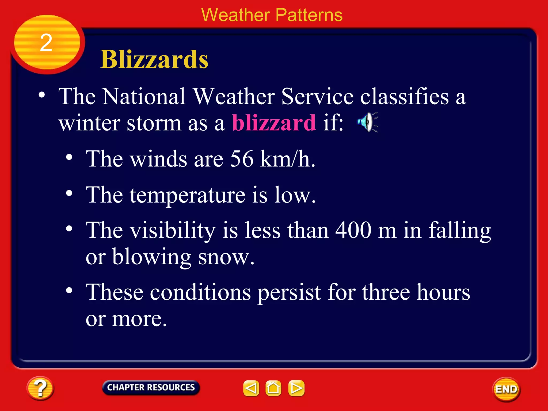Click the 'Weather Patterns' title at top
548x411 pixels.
[272, 15]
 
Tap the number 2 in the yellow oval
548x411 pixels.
[46, 43]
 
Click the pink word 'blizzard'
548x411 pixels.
[274, 123]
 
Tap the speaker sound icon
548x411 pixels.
[367, 122]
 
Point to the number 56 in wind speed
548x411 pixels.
[241, 159]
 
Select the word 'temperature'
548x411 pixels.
[187, 195]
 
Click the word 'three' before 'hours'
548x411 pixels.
[386, 292]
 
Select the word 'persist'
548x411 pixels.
[289, 293]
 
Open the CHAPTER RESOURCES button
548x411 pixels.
[151, 387]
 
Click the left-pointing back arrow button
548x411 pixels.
[251, 388]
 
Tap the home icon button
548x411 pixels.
[273, 388]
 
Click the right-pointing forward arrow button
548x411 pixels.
[296, 388]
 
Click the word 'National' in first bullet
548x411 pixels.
[144, 97]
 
